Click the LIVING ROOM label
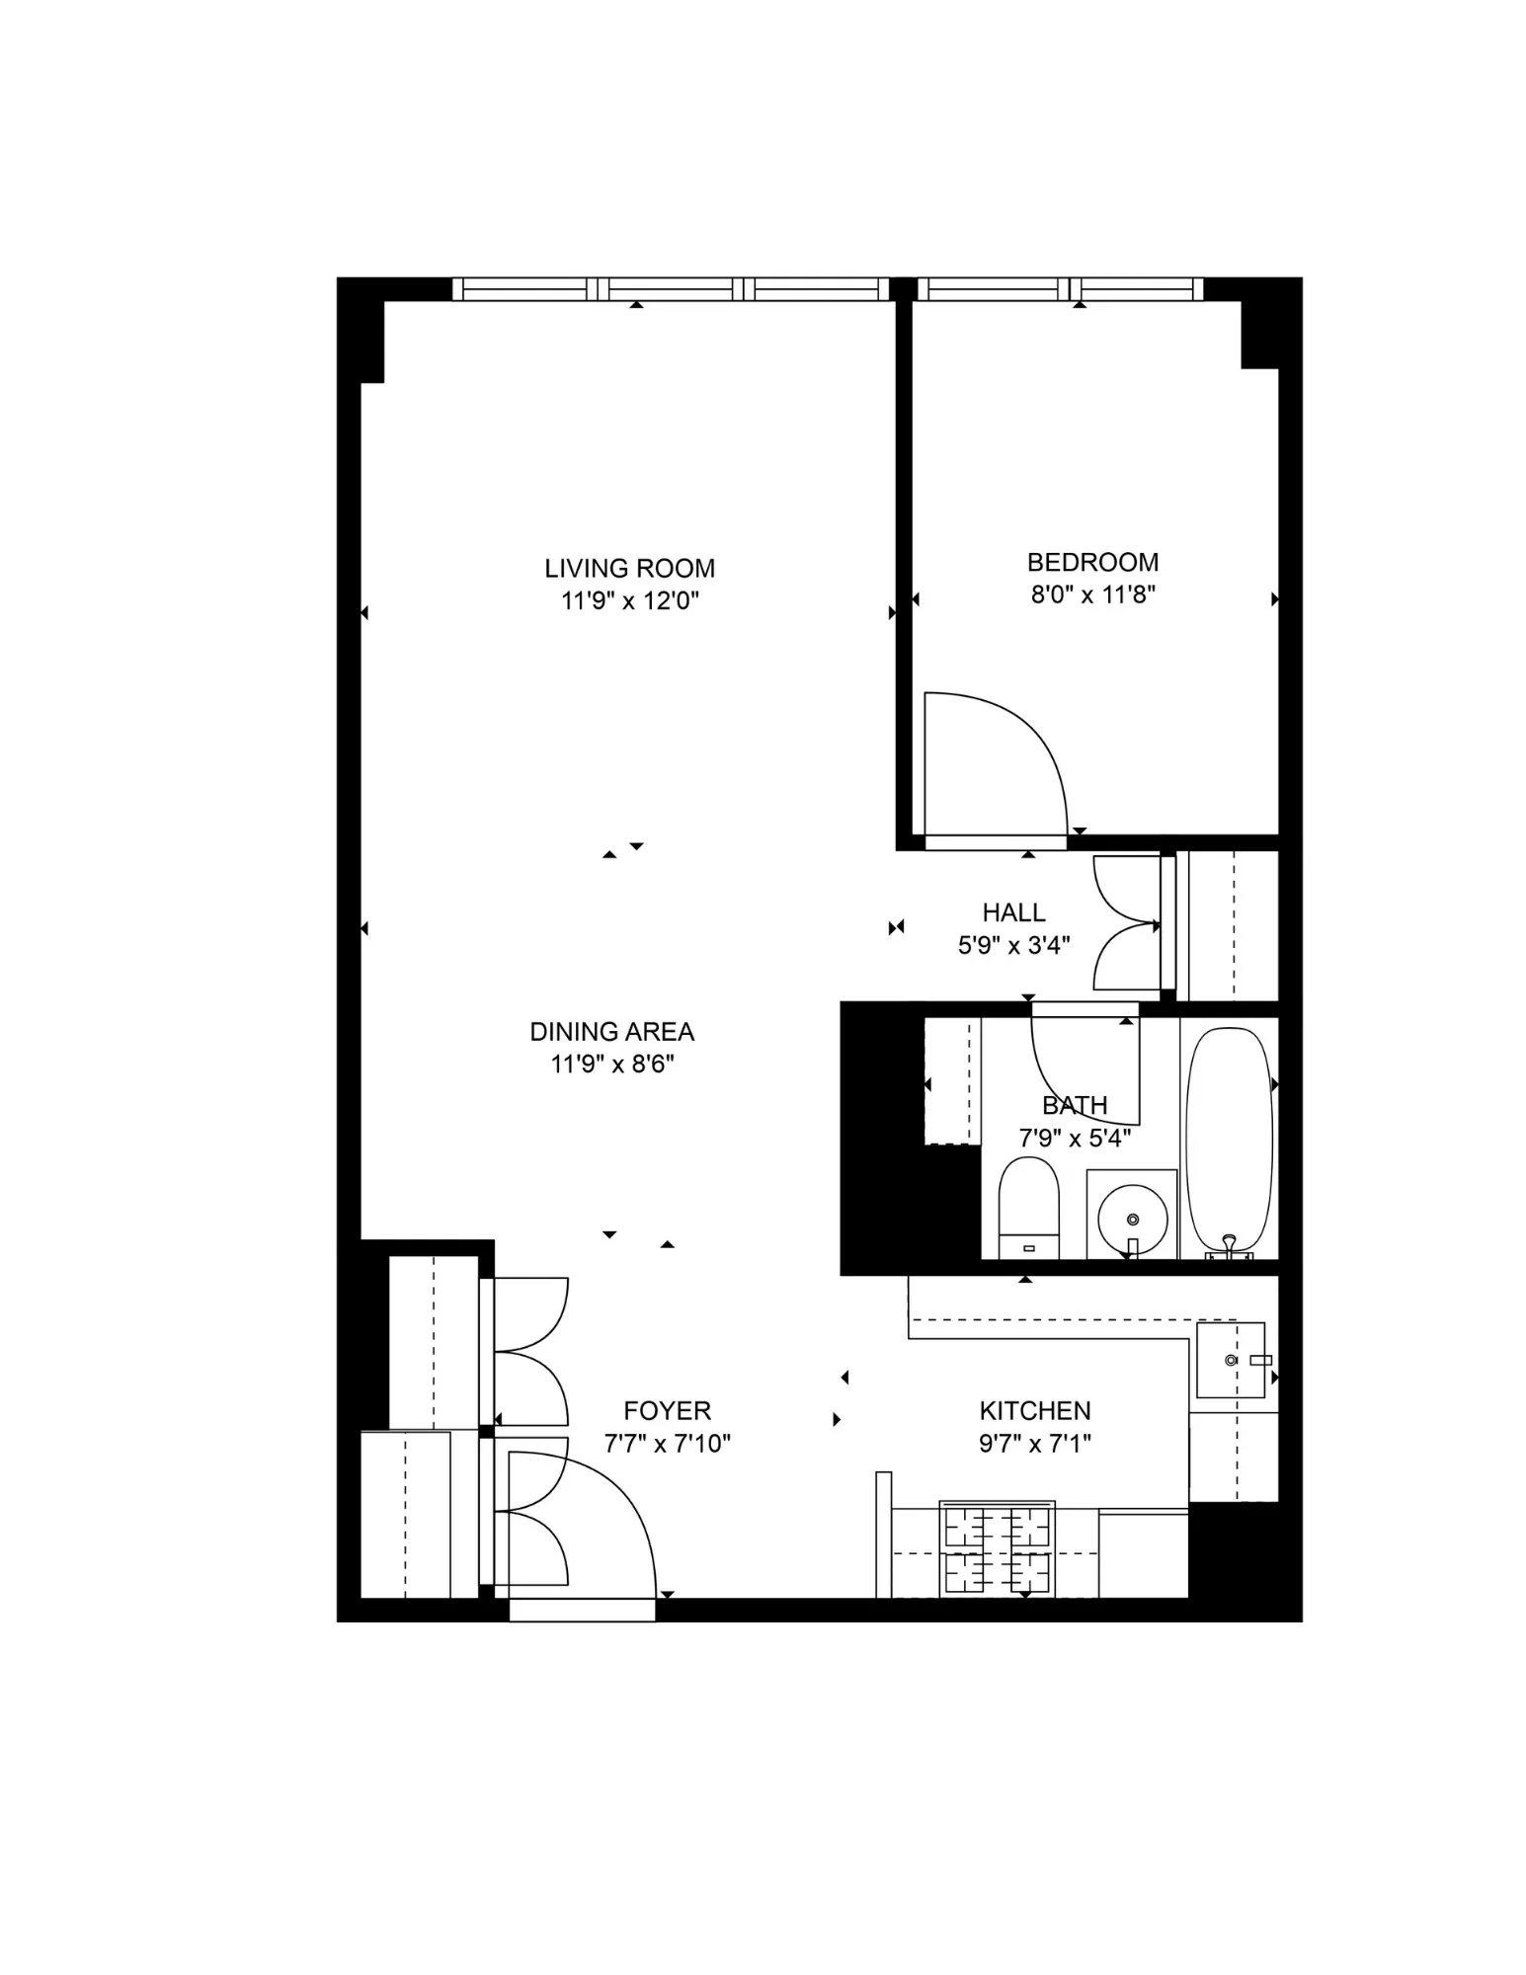[629, 568]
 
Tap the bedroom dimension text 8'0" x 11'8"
[1092, 594]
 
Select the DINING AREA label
[611, 1031]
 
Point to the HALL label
[1013, 911]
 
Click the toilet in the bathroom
[1028, 1206]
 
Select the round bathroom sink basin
[1132, 1220]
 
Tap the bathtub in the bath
[1229, 1141]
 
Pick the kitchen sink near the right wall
[1230, 1360]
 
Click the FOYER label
[667, 1410]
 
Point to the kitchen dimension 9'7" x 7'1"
[1034, 1444]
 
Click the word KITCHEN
[1034, 1410]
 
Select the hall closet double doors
[1126, 923]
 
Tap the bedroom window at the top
[1061, 288]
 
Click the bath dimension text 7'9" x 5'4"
[1074, 1138]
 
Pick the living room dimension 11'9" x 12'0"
[629, 600]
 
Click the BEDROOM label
[1092, 562]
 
